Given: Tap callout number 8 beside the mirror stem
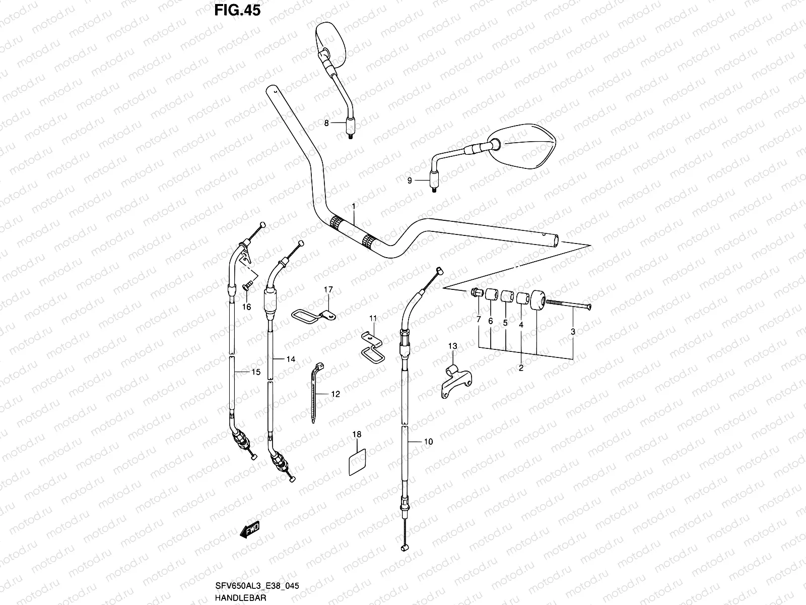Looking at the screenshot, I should [326, 123].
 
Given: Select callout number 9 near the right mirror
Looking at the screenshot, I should [410, 180].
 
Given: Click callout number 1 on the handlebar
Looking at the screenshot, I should [354, 207].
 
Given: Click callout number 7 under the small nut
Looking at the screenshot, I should [479, 320].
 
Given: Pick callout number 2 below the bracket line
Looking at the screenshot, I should [521, 368].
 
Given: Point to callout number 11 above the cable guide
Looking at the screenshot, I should [373, 318].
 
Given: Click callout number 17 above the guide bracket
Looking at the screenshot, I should [328, 289].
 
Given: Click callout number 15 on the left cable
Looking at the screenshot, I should [255, 372].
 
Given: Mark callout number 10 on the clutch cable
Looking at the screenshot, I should [428, 442].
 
